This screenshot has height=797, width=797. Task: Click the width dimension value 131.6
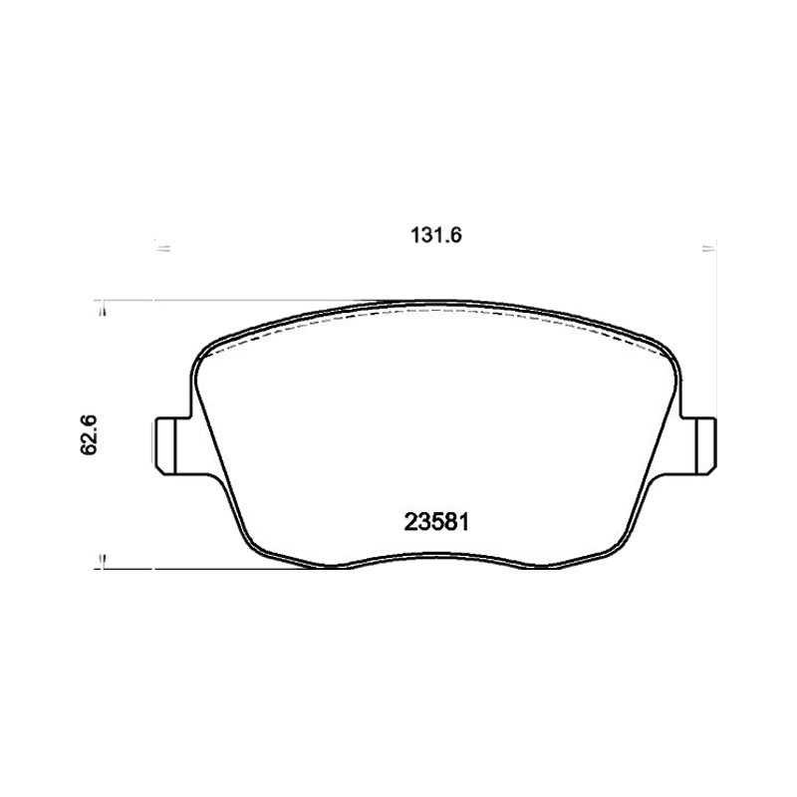coord(435,235)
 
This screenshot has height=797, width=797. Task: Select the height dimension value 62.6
coord(88,435)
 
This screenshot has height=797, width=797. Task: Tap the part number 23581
coord(435,522)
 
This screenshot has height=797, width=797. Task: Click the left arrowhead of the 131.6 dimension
coord(161,248)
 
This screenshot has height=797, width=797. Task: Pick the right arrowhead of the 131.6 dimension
coord(709,248)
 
